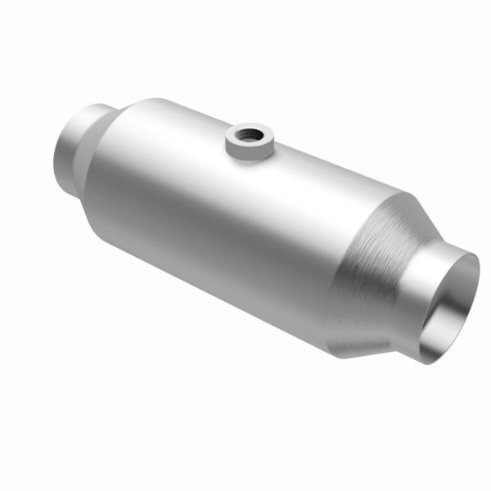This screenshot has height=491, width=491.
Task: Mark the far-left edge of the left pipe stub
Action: tap(55, 155)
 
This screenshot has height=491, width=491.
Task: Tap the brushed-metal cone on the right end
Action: tap(385, 270)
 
